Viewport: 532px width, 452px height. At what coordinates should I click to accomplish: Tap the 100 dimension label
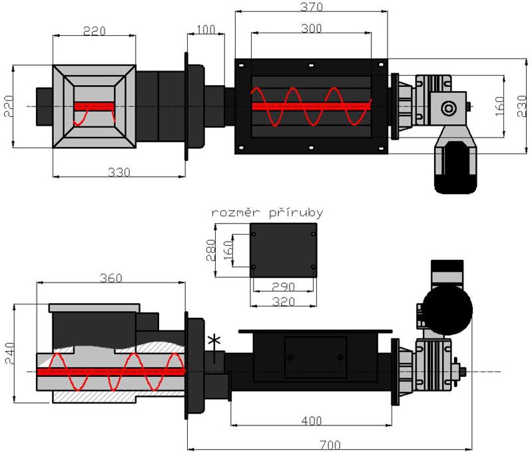point(206,29)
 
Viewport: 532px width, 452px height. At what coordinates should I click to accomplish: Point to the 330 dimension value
point(120,171)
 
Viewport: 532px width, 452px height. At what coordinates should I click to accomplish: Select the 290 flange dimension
point(283,286)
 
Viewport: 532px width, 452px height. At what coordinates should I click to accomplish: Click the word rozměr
point(236,213)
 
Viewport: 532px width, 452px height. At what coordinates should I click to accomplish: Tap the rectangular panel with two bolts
point(315,358)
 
